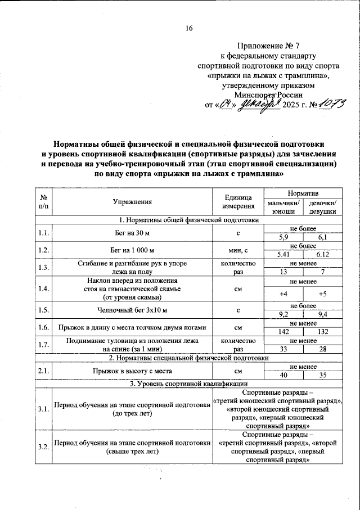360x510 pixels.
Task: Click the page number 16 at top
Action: [189, 29]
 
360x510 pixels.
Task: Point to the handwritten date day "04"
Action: [226, 104]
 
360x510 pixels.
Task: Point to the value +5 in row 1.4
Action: [323, 294]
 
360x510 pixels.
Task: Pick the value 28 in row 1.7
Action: [323, 349]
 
